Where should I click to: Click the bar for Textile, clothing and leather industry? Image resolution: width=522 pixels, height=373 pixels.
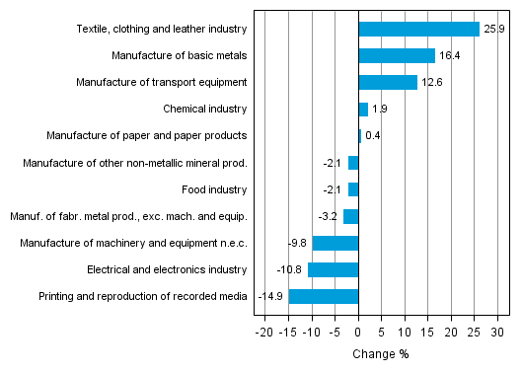(418, 30)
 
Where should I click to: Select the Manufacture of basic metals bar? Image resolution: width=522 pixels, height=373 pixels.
(397, 56)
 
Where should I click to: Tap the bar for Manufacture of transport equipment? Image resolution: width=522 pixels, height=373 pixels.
(388, 83)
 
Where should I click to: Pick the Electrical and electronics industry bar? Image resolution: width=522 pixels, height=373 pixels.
(333, 269)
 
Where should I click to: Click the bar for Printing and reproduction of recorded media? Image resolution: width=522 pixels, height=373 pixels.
(324, 296)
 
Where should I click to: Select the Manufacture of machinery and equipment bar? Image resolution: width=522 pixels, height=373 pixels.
(336, 243)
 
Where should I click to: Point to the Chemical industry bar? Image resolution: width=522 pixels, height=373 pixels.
(363, 110)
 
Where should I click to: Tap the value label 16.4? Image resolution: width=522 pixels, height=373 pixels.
(449, 56)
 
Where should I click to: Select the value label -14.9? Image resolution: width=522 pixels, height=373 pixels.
(271, 296)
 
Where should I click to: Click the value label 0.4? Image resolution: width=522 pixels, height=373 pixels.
(373, 136)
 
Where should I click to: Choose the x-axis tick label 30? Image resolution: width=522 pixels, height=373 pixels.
(497, 333)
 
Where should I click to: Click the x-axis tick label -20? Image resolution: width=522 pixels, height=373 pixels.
(264, 333)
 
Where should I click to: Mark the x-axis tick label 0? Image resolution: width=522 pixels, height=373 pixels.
(358, 333)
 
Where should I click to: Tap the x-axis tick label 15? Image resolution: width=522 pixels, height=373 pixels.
(427, 333)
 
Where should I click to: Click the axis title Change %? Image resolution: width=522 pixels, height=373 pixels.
(380, 354)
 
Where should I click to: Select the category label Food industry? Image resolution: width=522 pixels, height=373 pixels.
(214, 189)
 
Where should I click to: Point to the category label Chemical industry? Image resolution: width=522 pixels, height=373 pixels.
(204, 110)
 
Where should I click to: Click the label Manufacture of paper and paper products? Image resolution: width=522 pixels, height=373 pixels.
(147, 136)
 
